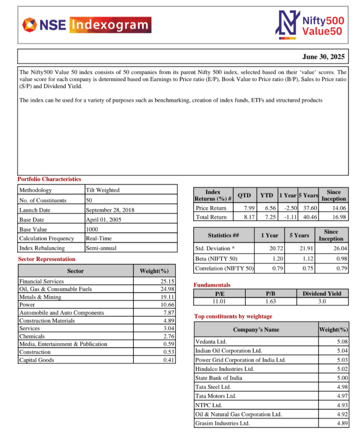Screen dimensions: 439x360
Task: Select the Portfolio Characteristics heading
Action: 49,179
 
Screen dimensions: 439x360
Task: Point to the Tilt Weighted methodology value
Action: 102,190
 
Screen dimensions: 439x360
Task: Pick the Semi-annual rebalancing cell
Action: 101,248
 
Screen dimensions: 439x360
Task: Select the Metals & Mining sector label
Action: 40,297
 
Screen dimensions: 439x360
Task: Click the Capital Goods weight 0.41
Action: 169,360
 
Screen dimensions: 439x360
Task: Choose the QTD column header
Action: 244,195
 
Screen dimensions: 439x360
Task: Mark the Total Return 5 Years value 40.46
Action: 310,217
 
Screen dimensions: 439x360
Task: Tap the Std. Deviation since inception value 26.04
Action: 340,249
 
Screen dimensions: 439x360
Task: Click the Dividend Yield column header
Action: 322,293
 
